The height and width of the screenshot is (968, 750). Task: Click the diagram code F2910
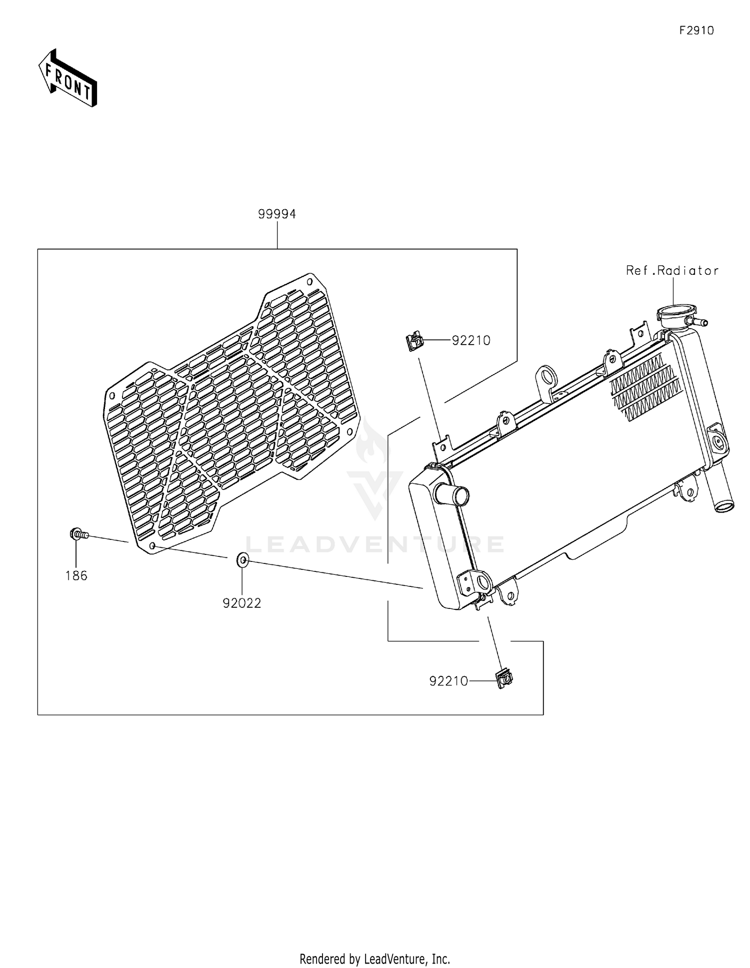coord(696,30)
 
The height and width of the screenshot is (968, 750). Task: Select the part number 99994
coord(276,214)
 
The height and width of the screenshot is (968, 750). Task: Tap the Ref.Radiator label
coord(672,271)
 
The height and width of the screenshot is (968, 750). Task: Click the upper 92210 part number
coord(470,341)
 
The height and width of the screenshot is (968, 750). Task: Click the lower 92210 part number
coord(448,681)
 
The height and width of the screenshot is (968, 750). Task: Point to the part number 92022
coord(242,603)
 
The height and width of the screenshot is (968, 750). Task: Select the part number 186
coord(76,575)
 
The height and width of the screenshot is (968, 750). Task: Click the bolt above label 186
coord(78,534)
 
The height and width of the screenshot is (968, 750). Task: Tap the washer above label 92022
coord(242,560)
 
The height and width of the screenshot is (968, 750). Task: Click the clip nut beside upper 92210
coord(414,343)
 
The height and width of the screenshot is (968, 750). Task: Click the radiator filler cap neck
coord(673,315)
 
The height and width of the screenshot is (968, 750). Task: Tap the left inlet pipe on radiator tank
coord(452,495)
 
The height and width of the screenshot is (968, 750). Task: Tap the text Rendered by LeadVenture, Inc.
coord(374,959)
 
